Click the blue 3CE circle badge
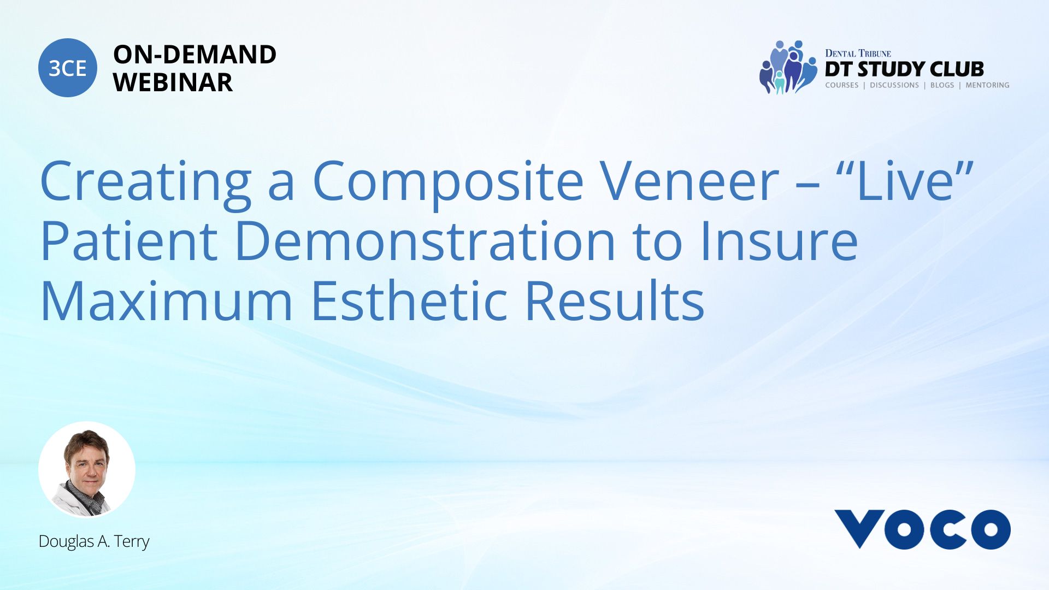point(68,68)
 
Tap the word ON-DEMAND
point(195,55)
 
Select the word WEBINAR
point(173,82)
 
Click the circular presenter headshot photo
point(87,470)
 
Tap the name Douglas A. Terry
point(94,541)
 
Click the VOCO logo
point(922,529)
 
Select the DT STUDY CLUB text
point(904,69)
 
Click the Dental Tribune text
point(858,54)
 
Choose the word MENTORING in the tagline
point(987,85)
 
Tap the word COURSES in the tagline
point(841,85)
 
